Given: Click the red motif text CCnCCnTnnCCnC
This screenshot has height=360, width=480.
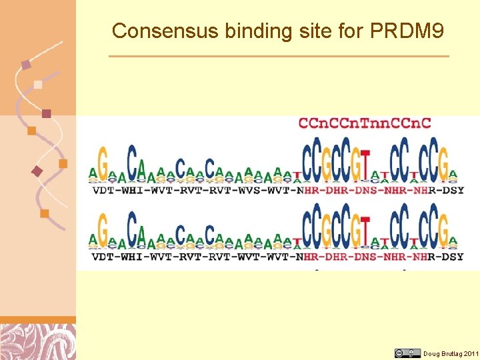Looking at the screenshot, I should tap(365, 123).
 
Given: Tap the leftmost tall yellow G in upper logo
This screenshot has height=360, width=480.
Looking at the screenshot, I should tap(102, 162).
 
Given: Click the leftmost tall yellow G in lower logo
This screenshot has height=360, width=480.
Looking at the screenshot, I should tap(102, 229).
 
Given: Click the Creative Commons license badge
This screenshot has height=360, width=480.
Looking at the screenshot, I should tap(407, 353).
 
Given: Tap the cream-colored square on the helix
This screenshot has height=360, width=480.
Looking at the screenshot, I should tap(38, 85).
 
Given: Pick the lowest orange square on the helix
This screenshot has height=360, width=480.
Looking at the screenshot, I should tap(45, 213).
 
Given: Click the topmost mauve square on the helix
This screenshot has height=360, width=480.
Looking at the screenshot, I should tap(26, 65).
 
